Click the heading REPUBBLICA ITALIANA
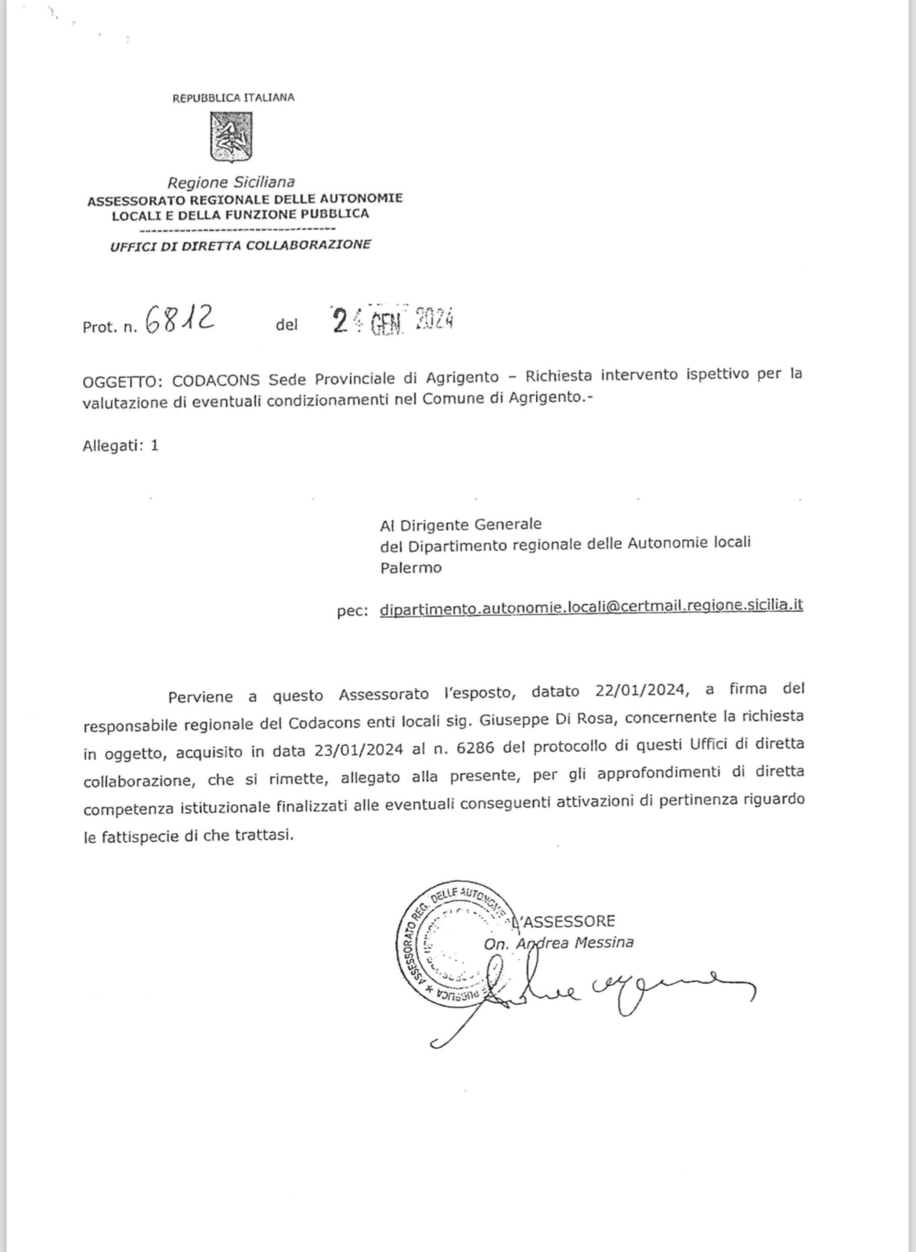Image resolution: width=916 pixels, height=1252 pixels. click(x=233, y=98)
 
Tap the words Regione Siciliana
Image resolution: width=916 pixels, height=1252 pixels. click(x=231, y=183)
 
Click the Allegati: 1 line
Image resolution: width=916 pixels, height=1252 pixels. click(x=121, y=446)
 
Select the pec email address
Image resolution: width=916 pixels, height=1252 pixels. click(x=591, y=606)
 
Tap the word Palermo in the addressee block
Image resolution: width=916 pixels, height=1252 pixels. click(x=410, y=568)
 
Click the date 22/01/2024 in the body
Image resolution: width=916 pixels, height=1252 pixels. click(x=640, y=692)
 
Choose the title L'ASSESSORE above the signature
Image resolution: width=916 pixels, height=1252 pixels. click(x=562, y=921)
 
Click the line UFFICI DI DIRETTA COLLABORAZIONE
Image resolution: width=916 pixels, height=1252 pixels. click(x=240, y=245)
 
